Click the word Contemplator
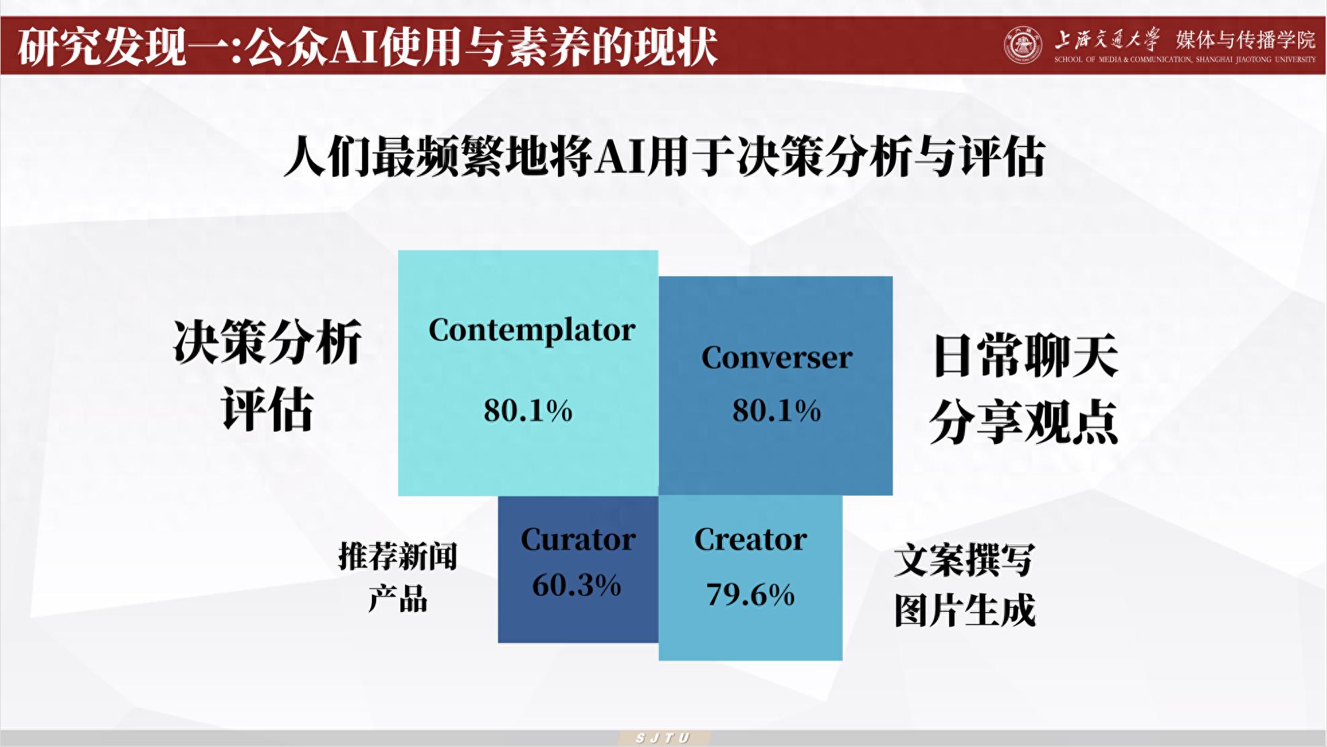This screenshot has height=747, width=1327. click(531, 331)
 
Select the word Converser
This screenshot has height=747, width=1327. click(776, 357)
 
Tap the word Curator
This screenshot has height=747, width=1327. click(578, 539)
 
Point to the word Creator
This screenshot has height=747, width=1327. click(750, 539)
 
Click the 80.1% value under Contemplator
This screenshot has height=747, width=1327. click(528, 410)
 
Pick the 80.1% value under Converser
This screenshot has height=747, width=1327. click(776, 410)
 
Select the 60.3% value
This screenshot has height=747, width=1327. click(576, 585)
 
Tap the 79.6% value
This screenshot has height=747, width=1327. click(750, 595)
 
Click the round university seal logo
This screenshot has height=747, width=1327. click(1022, 46)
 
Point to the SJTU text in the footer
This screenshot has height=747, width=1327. click(663, 738)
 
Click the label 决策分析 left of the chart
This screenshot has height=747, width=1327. click(267, 342)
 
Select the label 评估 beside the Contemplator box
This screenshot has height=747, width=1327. click(267, 409)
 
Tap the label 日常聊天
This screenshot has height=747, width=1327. click(1025, 356)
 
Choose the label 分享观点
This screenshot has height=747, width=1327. click(1023, 422)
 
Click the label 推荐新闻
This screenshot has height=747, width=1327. click(398, 556)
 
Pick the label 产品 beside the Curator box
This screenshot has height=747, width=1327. click(398, 598)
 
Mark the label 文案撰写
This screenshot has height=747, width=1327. click(964, 560)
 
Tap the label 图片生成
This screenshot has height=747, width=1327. click(964, 610)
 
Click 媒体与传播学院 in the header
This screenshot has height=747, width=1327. click(1245, 40)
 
